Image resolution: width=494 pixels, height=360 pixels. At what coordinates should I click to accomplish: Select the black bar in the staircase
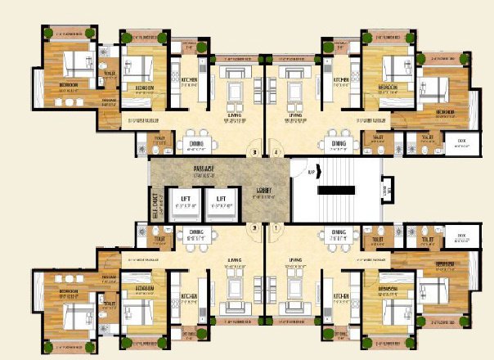point(338,191)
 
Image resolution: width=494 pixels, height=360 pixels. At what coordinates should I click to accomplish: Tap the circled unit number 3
point(254,152)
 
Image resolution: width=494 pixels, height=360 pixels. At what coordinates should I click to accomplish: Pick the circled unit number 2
point(254,227)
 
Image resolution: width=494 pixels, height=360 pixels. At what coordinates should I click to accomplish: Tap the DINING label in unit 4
point(338,143)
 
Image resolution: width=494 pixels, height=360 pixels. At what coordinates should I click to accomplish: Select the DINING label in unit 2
point(195,233)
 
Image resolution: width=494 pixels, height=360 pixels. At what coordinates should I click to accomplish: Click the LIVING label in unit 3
point(236,116)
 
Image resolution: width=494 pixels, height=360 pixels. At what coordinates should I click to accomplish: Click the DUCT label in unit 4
point(461,142)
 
